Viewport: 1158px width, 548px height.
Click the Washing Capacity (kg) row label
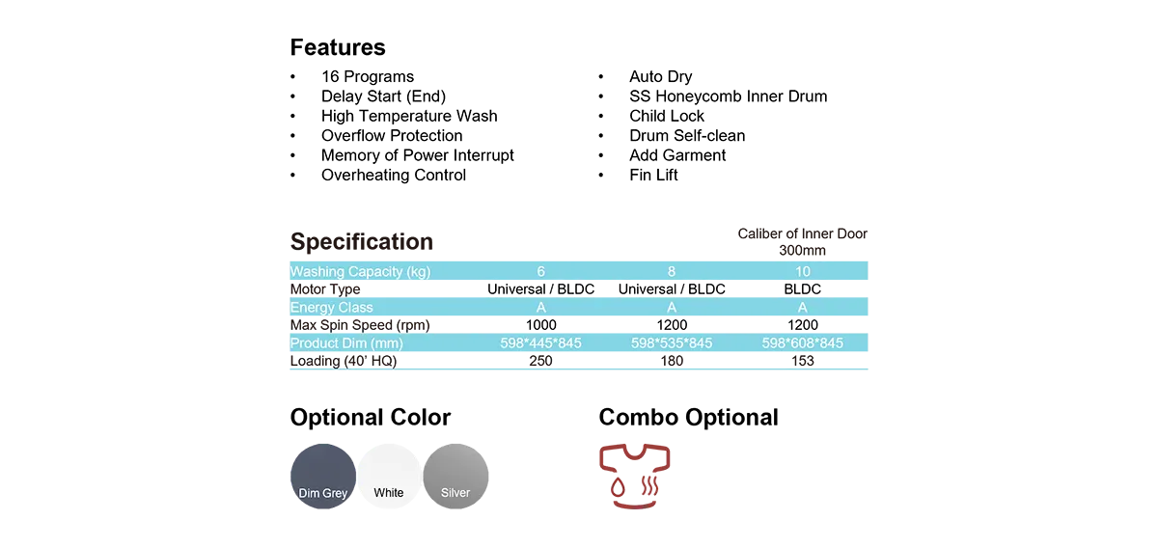pos(360,272)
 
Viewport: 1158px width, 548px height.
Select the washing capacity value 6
pos(540,272)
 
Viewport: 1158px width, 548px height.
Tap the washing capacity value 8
pos(672,272)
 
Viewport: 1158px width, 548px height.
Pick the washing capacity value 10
pos(803,272)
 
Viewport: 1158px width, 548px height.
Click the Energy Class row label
pos(331,308)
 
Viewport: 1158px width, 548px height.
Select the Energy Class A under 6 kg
pos(540,308)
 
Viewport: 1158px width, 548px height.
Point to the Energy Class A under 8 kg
pos(672,308)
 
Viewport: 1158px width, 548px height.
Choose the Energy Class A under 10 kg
pos(803,308)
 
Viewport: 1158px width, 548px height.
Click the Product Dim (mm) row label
pos(346,343)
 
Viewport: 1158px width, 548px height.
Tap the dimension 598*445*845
pos(540,343)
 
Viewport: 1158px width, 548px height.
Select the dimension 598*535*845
pos(672,343)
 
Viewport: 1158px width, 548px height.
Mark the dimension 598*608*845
pos(803,343)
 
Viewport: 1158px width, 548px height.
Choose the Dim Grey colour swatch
pos(322,475)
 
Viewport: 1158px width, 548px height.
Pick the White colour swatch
pos(389,475)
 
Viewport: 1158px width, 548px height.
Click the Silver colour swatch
pos(456,475)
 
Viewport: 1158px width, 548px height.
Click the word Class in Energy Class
pos(354,308)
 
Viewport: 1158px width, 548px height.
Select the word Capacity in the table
pos(374,272)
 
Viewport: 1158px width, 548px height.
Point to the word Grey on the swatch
pos(335,493)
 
